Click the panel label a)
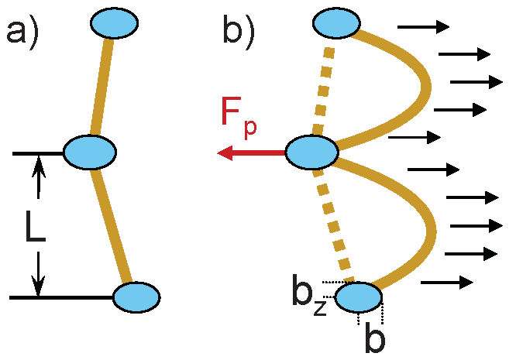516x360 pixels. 23,35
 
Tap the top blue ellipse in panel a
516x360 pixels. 114,24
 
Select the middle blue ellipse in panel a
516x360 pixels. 90,152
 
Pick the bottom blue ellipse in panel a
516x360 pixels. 136,297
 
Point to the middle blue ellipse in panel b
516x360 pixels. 311,152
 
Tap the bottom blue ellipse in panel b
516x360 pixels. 359,297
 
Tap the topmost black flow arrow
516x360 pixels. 423,27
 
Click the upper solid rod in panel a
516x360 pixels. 102,85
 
